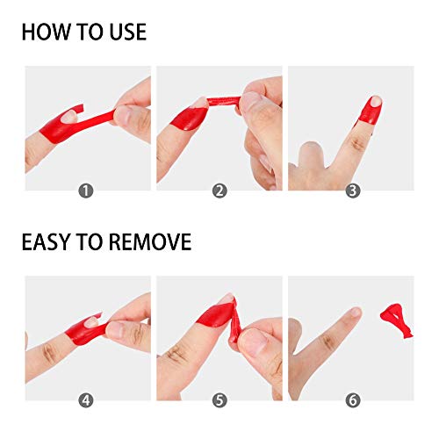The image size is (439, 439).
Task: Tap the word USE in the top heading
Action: click(x=124, y=32)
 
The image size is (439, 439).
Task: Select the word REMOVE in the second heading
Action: click(x=148, y=241)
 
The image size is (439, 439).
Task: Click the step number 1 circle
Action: click(x=85, y=190)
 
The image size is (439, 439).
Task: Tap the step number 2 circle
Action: click(x=219, y=190)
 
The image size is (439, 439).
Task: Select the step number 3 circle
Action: click(x=352, y=190)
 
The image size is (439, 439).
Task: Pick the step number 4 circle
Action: click(x=85, y=400)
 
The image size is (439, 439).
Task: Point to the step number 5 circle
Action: click(x=219, y=400)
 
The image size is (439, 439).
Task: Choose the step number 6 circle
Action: click(x=352, y=400)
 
